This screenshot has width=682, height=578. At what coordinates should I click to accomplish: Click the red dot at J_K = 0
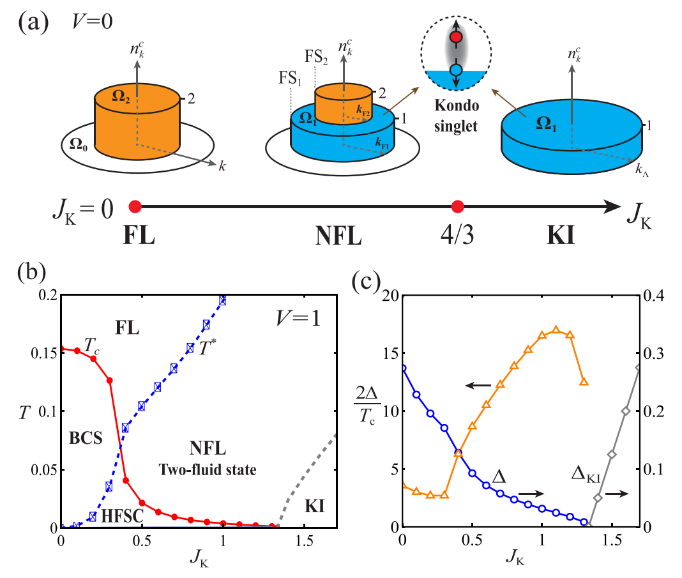tap(135, 206)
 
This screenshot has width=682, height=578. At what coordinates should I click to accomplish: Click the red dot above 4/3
tap(457, 206)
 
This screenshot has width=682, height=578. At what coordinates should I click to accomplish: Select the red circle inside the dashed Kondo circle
tap(455, 38)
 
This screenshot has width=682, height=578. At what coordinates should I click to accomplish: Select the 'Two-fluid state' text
tap(207, 470)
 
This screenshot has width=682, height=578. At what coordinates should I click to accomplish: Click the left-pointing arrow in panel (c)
tap(478, 385)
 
